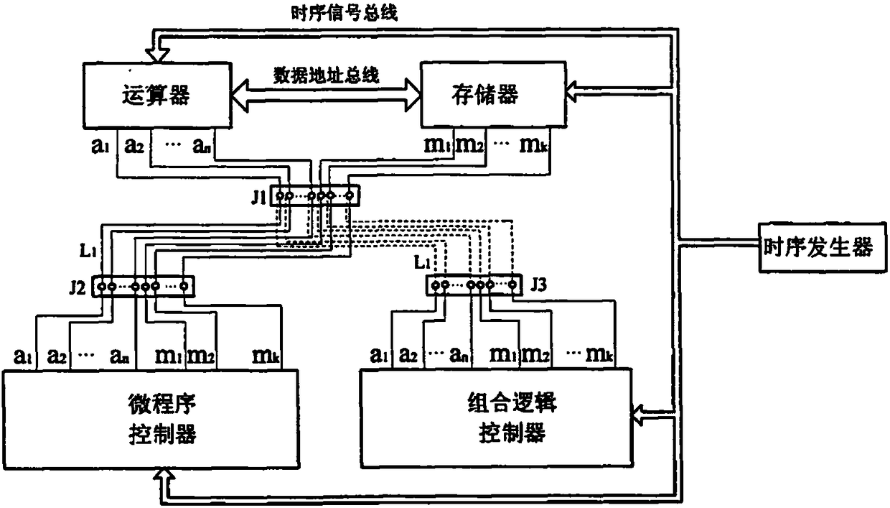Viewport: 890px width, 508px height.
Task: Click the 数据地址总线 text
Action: point(327,74)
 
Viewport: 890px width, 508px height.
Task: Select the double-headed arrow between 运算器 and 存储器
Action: point(327,93)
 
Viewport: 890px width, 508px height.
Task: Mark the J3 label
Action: point(538,285)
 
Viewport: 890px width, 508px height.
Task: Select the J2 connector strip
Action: point(144,286)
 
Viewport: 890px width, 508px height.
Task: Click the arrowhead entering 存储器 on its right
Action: point(573,90)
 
